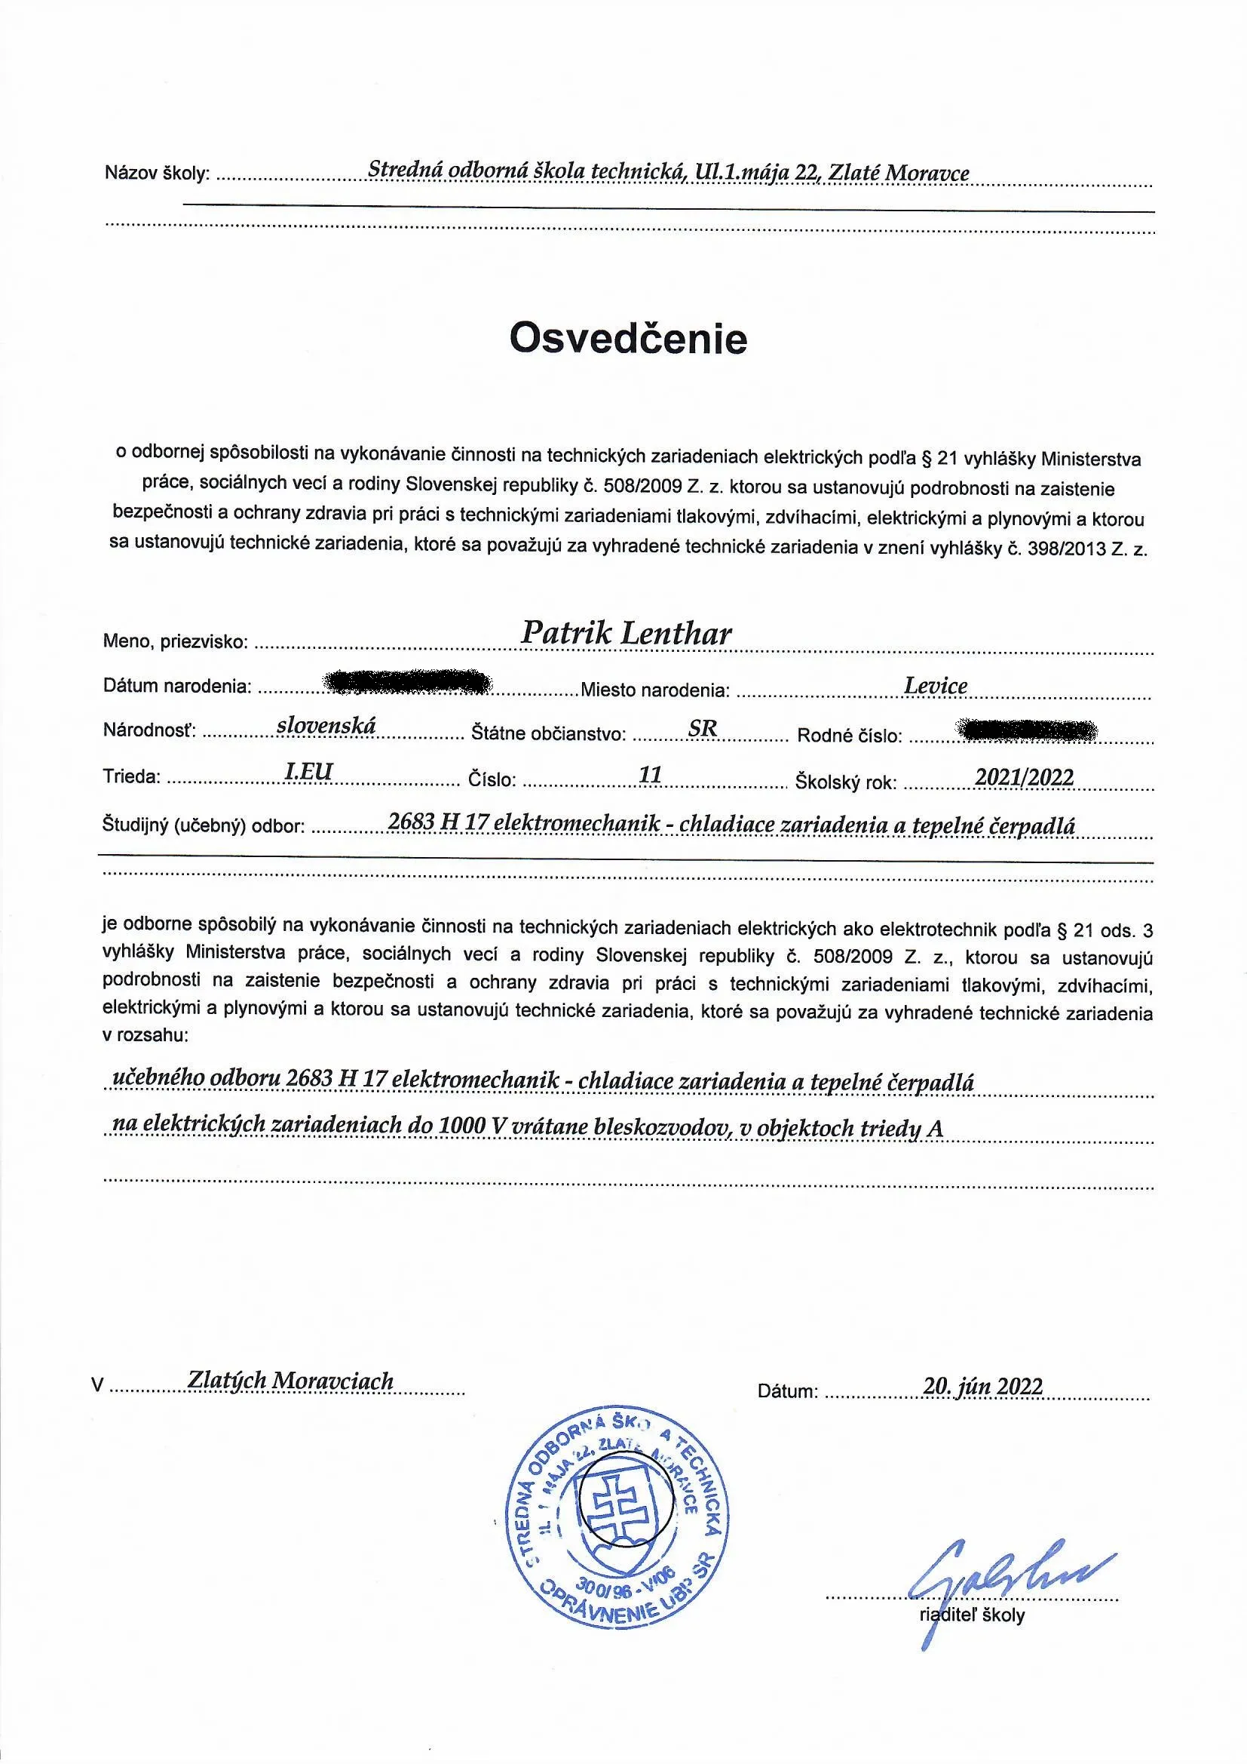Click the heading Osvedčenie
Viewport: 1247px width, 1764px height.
point(628,339)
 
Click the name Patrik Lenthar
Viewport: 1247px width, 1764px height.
point(626,633)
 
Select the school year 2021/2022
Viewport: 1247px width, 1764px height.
point(1024,776)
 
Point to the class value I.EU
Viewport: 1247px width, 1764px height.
point(308,772)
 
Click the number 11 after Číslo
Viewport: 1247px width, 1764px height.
point(651,774)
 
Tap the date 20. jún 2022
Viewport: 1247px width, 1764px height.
point(983,1384)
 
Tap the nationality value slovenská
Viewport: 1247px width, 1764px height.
point(326,725)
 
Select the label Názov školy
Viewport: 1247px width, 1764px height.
point(157,174)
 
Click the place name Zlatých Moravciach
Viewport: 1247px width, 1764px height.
point(290,1381)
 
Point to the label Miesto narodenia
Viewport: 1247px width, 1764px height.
point(654,690)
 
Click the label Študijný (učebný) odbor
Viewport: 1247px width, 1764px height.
point(204,827)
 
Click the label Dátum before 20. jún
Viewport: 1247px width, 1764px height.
point(788,1391)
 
